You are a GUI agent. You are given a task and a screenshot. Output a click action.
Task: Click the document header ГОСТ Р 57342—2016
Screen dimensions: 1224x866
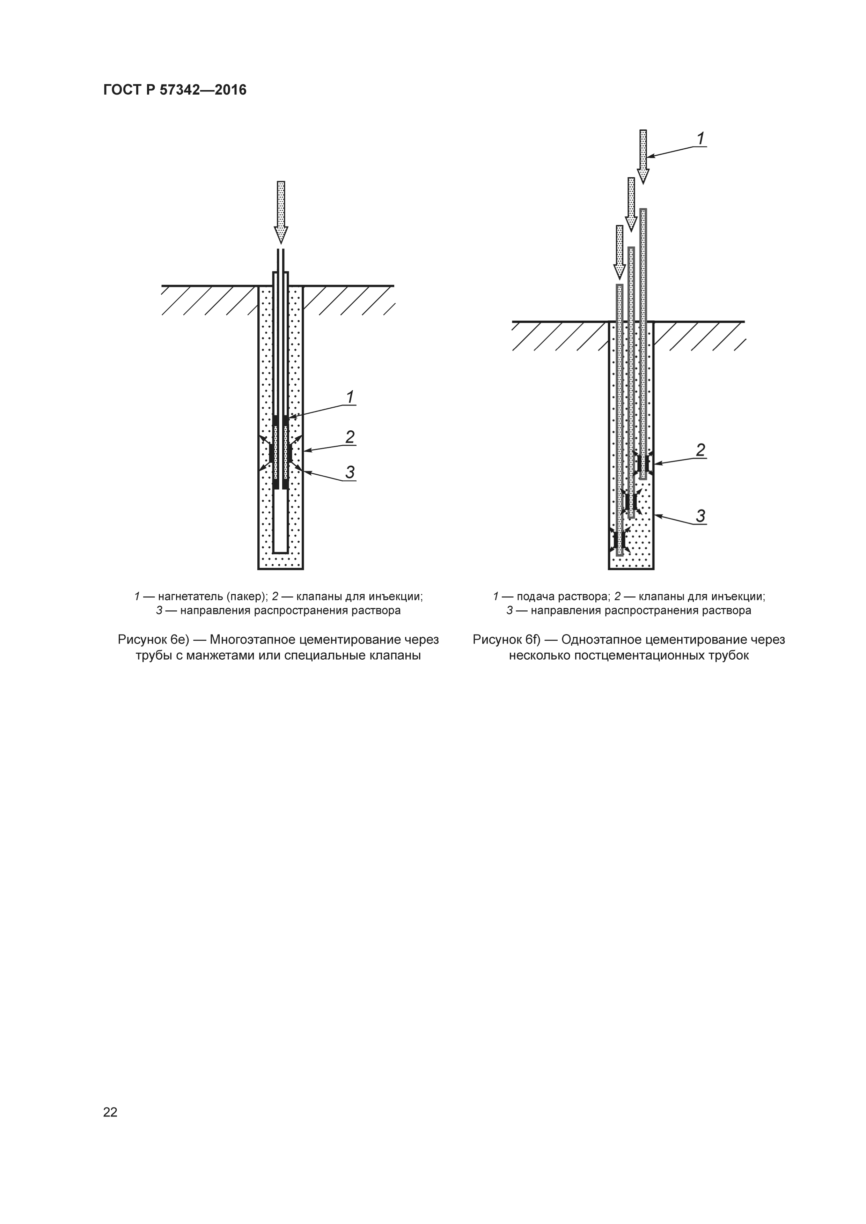tap(175, 90)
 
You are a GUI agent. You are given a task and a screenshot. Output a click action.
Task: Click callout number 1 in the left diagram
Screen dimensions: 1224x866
tap(350, 397)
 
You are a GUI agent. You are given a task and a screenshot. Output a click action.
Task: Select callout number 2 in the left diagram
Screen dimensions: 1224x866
tap(350, 437)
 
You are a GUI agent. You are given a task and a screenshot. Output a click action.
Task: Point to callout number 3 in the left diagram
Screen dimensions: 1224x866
tap(350, 472)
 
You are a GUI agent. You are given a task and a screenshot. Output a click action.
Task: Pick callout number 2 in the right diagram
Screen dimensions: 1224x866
tap(701, 451)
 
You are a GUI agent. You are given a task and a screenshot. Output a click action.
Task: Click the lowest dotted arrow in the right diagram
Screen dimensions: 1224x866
tap(619, 252)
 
